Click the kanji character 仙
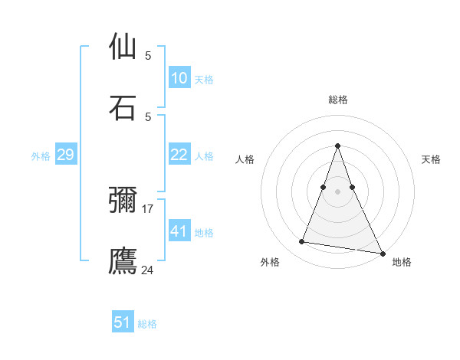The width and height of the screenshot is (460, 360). tap(123, 47)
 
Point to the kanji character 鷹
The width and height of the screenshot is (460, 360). tap(123, 260)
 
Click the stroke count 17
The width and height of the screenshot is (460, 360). tap(148, 208)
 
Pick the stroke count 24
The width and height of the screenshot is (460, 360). tap(148, 270)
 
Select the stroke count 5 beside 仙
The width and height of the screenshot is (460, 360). tap(148, 56)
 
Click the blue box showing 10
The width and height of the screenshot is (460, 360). tap(179, 78)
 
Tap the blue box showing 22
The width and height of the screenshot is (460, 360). tap(179, 155)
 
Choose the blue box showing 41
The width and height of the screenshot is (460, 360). tap(179, 231)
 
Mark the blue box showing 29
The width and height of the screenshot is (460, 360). tap(65, 155)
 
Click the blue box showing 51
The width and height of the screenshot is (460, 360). tap(123, 322)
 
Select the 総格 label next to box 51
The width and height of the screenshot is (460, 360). tap(147, 324)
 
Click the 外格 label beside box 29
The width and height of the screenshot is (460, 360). tap(41, 156)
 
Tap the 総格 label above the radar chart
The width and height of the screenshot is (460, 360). tap(337, 100)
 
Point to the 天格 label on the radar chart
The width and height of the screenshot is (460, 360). tap(431, 159)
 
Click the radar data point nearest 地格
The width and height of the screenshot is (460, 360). tap(382, 252)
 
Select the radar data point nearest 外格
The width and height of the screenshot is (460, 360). tap(302, 242)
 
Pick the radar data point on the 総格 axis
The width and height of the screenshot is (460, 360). tap(337, 146)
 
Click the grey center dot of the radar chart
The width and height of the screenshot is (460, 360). tap(337, 191)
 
